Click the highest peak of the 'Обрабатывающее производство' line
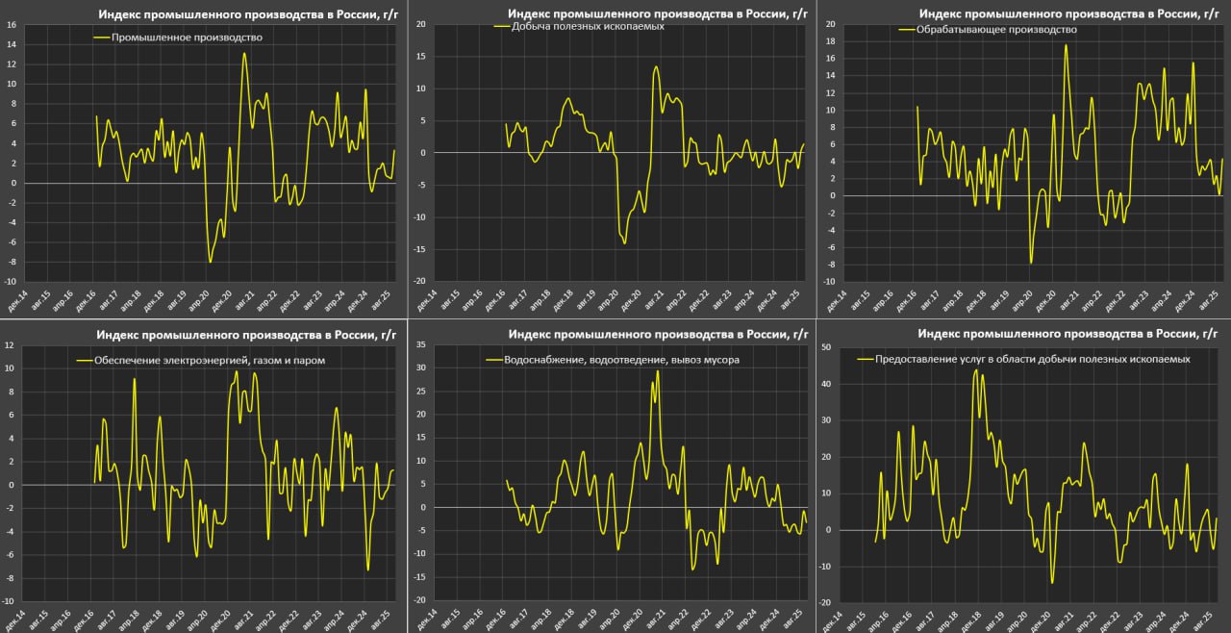tap(1066, 45)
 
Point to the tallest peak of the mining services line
tap(976, 370)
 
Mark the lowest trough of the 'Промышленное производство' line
tap(210, 262)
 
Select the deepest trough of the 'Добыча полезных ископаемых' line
tap(624, 242)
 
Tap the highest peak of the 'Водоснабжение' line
tap(658, 370)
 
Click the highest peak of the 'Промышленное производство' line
tap(244, 53)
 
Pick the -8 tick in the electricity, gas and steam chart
tap(9, 578)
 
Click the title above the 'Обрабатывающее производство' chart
tap(1068, 13)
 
